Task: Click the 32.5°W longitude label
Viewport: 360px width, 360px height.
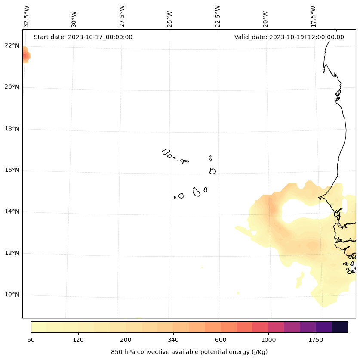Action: coord(27,16)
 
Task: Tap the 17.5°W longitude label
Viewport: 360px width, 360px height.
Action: coord(314,16)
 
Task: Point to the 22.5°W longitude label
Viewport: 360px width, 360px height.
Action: coord(218,16)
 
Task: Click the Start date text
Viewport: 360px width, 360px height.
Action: coord(83,37)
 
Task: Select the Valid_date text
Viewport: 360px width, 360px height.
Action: coord(289,37)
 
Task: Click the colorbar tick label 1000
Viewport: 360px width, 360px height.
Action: coord(268,340)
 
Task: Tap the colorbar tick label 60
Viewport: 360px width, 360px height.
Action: coord(31,340)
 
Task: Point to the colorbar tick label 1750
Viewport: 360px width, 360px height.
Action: coord(316,340)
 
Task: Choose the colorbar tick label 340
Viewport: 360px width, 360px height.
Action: coord(173,340)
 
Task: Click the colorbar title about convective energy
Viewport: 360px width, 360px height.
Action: coord(189,352)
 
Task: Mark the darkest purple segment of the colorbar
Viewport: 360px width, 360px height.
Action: coord(339,327)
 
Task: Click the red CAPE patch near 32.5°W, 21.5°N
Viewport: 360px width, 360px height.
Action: coord(26,56)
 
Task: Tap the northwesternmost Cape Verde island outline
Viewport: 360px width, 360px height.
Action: coord(166,152)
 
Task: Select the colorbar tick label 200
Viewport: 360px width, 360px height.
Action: coord(126,340)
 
